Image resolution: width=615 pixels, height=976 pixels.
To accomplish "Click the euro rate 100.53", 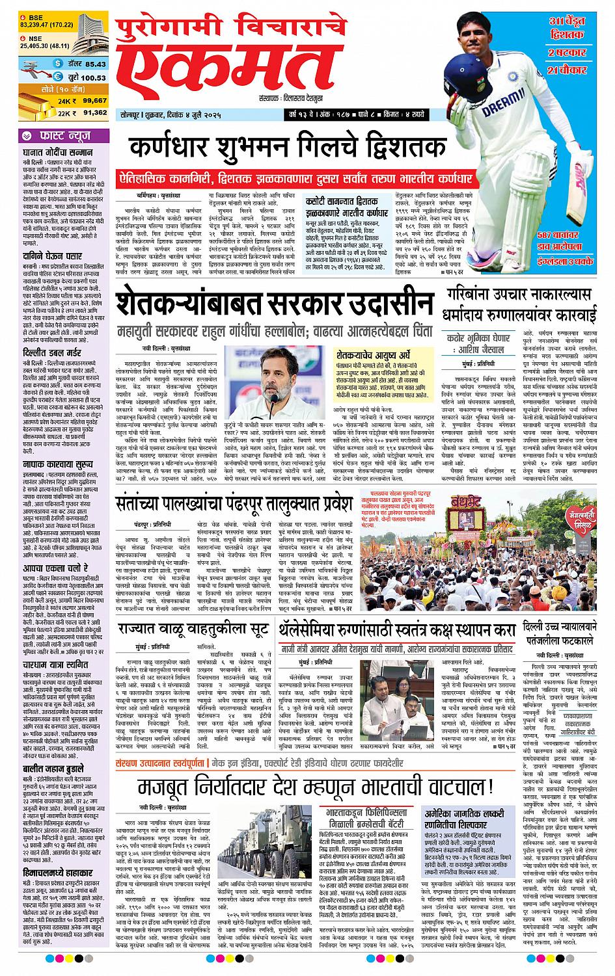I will tap(93, 77).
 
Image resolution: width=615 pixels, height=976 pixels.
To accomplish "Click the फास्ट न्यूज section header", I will tap(62, 136).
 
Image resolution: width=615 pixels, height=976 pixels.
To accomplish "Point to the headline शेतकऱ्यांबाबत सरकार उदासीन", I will tap(273, 304).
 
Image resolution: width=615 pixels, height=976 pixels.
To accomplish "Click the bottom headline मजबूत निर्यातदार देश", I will tap(314, 788).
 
